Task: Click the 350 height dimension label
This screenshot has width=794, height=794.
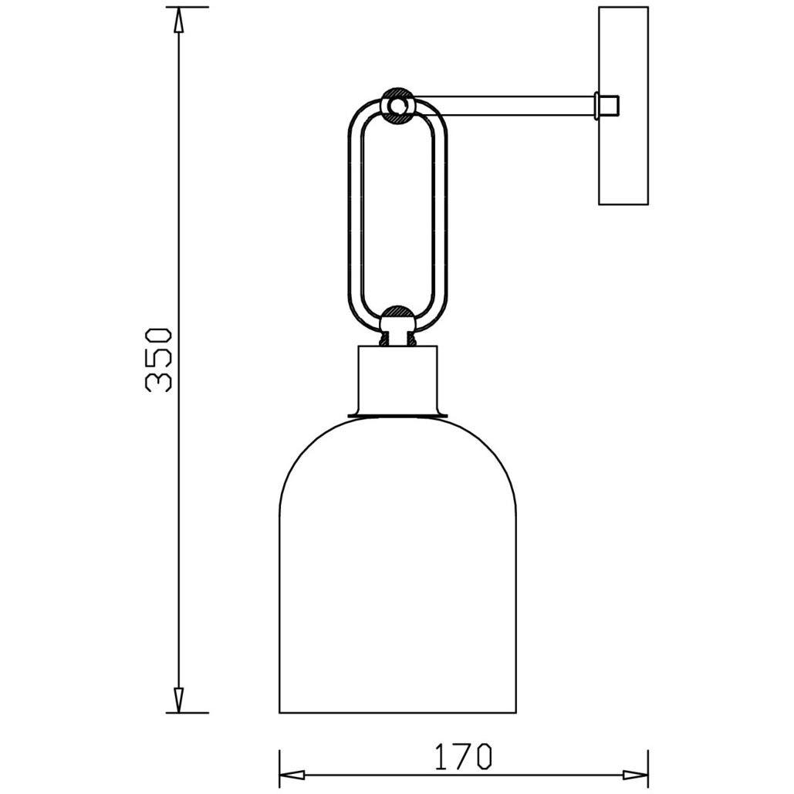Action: [158, 360]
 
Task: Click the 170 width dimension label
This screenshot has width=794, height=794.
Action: [463, 756]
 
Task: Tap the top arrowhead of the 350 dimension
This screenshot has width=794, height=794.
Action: [178, 20]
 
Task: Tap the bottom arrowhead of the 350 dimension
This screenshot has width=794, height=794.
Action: [178, 700]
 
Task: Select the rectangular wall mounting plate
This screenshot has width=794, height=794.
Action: [623, 106]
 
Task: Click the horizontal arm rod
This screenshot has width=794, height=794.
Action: [504, 105]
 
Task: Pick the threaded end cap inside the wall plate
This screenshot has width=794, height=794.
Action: [606, 106]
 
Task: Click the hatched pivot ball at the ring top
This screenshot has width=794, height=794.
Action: [397, 105]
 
